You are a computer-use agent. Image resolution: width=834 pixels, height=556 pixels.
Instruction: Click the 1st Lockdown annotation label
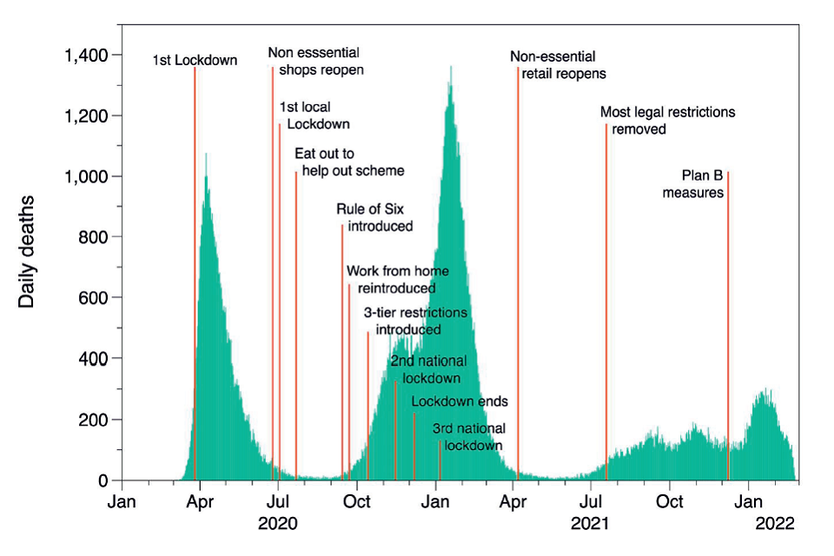[195, 61]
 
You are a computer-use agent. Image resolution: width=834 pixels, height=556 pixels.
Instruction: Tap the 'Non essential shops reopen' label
[315, 61]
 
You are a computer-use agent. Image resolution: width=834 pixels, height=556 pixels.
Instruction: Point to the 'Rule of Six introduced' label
[374, 217]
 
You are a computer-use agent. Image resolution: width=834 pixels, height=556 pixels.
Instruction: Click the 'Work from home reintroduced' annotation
[391, 279]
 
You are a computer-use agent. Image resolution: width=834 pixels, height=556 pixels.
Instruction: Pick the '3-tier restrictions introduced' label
[414, 321]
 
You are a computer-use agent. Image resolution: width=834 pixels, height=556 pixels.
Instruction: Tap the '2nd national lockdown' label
[428, 369]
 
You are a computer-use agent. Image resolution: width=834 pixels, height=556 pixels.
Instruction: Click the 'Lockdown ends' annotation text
[460, 402]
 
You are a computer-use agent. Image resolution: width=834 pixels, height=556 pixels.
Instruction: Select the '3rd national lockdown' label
[469, 437]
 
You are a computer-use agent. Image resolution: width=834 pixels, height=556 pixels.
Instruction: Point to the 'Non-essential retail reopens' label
[559, 65]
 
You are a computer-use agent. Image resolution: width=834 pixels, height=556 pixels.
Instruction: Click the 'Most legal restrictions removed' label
[667, 121]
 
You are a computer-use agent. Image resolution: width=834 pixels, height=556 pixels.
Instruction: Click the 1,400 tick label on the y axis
[85, 56]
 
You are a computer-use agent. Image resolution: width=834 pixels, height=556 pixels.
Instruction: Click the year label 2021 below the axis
[592, 524]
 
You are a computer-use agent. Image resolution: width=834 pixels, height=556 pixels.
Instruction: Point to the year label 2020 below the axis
[277, 524]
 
